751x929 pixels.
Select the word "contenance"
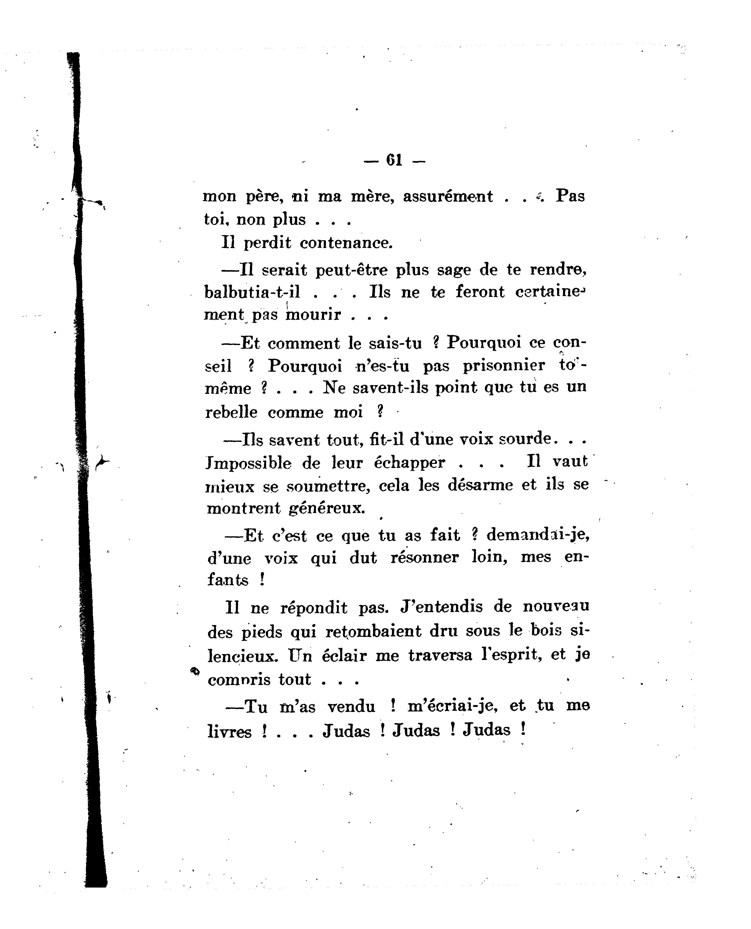(346, 243)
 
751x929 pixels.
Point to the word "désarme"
(480, 485)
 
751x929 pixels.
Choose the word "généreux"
(327, 508)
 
